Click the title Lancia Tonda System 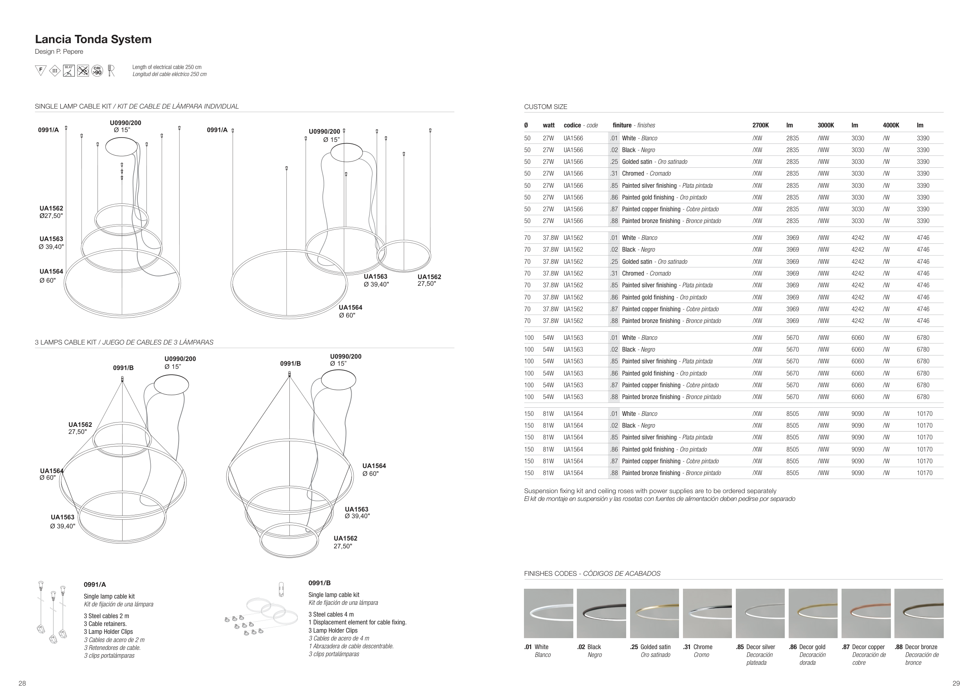(x=93, y=39)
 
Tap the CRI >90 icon (x=97, y=71)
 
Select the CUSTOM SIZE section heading (x=545, y=107)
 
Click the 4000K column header (x=891, y=125)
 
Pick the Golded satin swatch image (x=654, y=613)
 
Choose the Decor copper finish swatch (x=865, y=613)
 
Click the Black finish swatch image (x=601, y=613)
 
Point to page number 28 (x=22, y=683)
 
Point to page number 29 (x=956, y=683)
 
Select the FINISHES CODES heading (x=592, y=573)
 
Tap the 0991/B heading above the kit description (x=320, y=583)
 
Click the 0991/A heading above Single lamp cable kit (x=95, y=584)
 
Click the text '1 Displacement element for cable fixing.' (x=357, y=622)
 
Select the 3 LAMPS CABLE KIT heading (x=124, y=342)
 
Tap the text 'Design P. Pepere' (x=59, y=52)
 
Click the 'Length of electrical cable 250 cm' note (x=167, y=67)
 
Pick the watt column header (x=548, y=125)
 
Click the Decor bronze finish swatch (x=918, y=613)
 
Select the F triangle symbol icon (x=40, y=70)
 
